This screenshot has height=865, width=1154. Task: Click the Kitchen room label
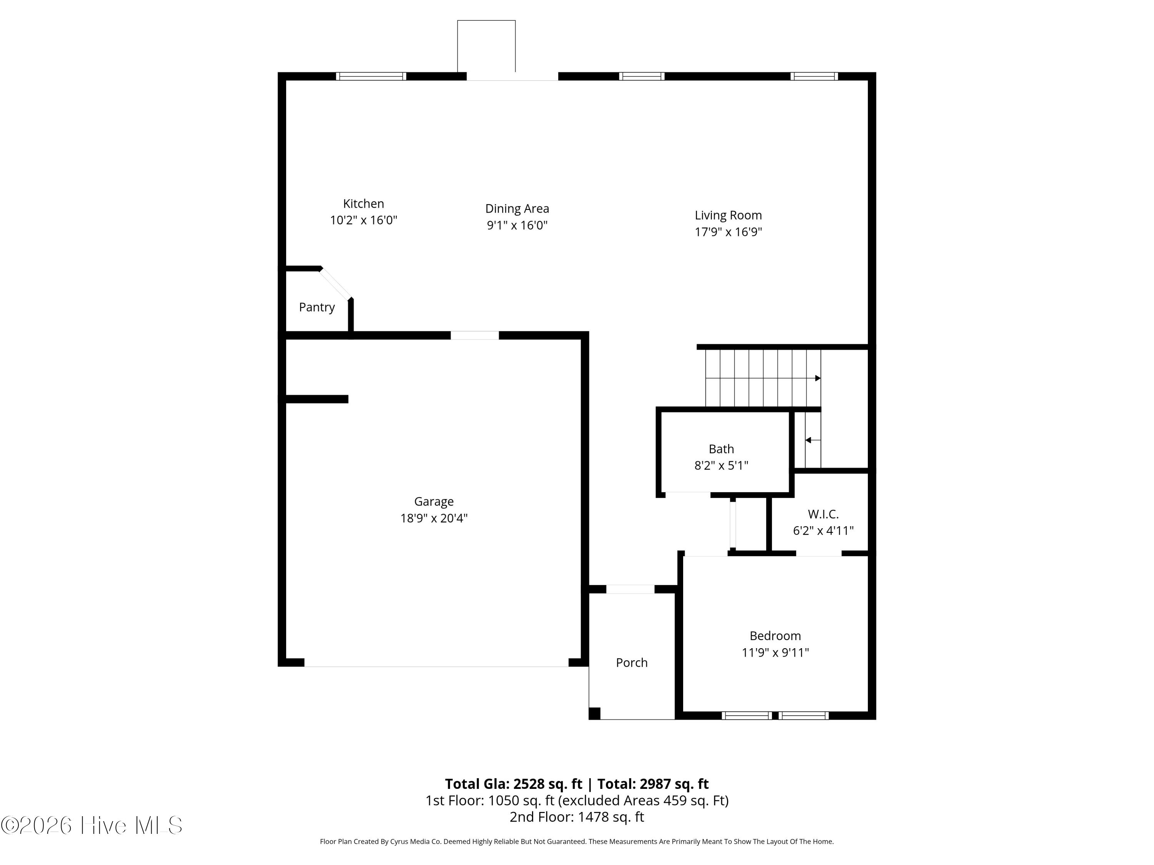(363, 204)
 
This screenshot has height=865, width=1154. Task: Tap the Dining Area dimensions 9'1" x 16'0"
(517, 225)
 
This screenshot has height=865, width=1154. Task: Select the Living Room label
(728, 215)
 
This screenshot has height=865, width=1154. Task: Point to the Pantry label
(317, 307)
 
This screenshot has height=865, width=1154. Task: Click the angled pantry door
(335, 284)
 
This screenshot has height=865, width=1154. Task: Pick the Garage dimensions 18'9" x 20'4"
(434, 518)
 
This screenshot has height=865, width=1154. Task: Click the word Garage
(434, 502)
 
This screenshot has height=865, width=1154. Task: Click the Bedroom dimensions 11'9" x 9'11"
(775, 652)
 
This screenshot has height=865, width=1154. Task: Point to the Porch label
(631, 663)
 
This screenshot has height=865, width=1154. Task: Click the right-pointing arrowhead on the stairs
(817, 378)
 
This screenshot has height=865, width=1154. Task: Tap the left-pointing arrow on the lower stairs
(813, 441)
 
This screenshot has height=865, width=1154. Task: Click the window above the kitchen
(371, 76)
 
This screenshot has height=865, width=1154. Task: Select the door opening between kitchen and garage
(474, 335)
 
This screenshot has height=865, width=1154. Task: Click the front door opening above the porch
(630, 589)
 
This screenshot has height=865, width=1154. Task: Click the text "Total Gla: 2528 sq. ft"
(514, 783)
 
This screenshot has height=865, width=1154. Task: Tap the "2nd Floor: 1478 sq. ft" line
(577, 817)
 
